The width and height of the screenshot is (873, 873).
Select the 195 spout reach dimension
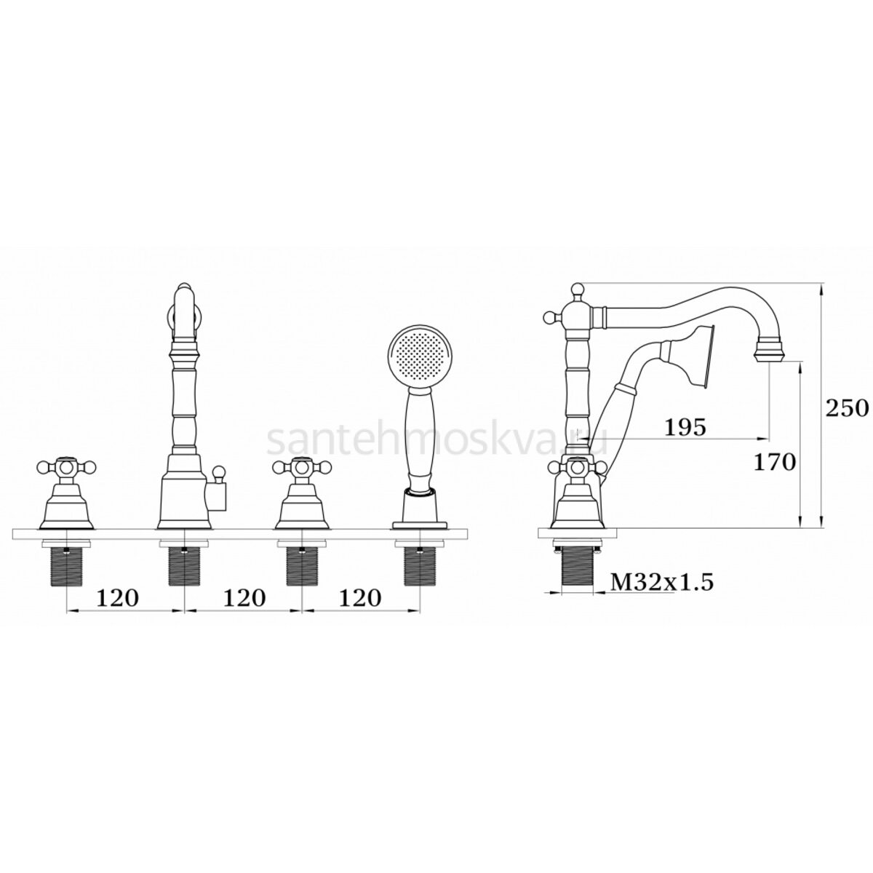coord(685,427)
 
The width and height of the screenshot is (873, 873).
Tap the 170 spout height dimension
coord(775,463)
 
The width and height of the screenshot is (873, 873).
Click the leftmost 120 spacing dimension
coord(117,598)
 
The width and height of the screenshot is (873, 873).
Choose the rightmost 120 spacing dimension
coord(359,598)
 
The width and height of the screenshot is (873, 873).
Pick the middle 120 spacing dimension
coord(244,598)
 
